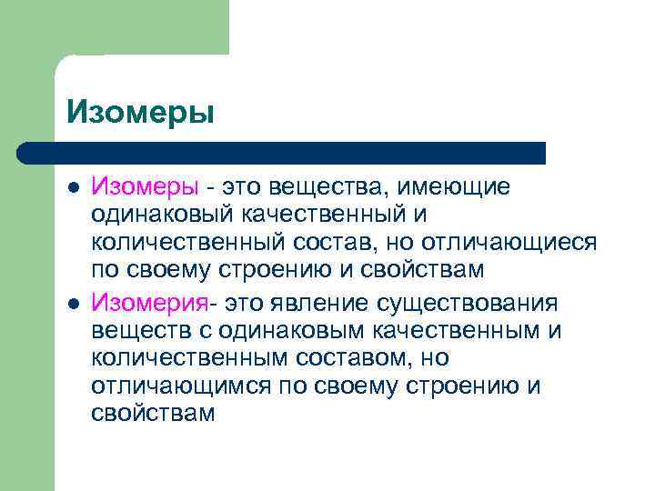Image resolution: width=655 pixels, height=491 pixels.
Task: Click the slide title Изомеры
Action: click(x=140, y=113)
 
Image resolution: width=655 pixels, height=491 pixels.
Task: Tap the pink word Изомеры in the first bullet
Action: click(x=144, y=187)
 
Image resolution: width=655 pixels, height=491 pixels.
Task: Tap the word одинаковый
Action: click(x=162, y=215)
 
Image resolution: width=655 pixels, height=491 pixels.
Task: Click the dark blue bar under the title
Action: click(x=282, y=153)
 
